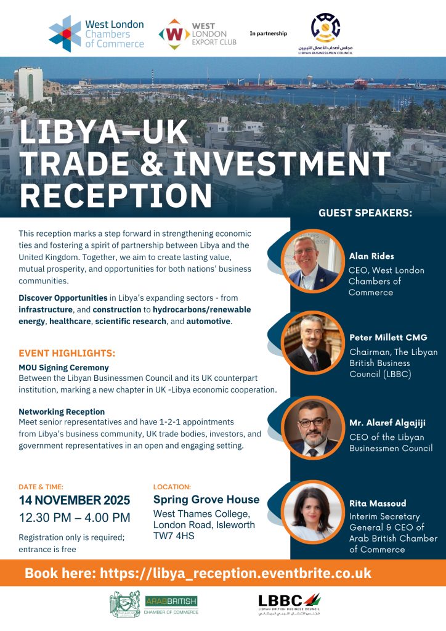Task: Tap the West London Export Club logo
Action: (x=197, y=33)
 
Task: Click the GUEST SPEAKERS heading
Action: (x=365, y=213)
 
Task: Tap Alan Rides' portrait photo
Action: (x=313, y=260)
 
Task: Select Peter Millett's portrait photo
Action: (x=313, y=343)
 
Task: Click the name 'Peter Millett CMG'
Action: (x=387, y=338)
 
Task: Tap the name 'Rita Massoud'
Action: (x=377, y=503)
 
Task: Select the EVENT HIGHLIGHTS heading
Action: (x=67, y=354)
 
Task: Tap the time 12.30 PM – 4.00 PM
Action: (x=75, y=518)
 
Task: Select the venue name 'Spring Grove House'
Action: (x=206, y=499)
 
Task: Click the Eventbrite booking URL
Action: (x=198, y=573)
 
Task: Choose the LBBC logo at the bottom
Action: (x=289, y=603)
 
